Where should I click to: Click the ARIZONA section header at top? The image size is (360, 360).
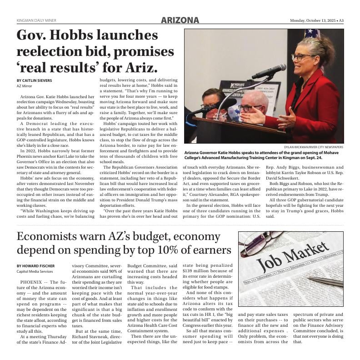(180, 20)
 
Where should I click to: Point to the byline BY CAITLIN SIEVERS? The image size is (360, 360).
(34, 80)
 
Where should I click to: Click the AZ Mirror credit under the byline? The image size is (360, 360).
(25, 86)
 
